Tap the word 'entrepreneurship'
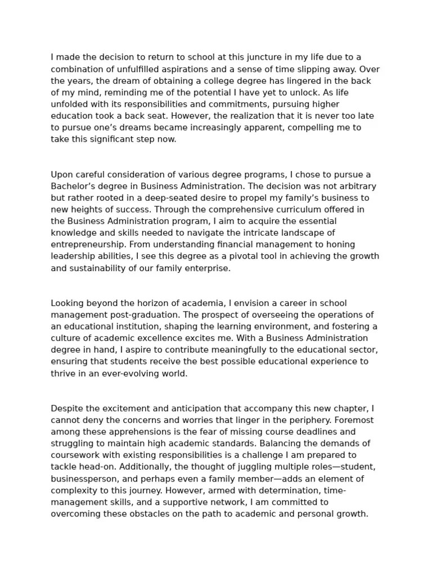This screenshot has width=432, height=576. click(86, 245)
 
